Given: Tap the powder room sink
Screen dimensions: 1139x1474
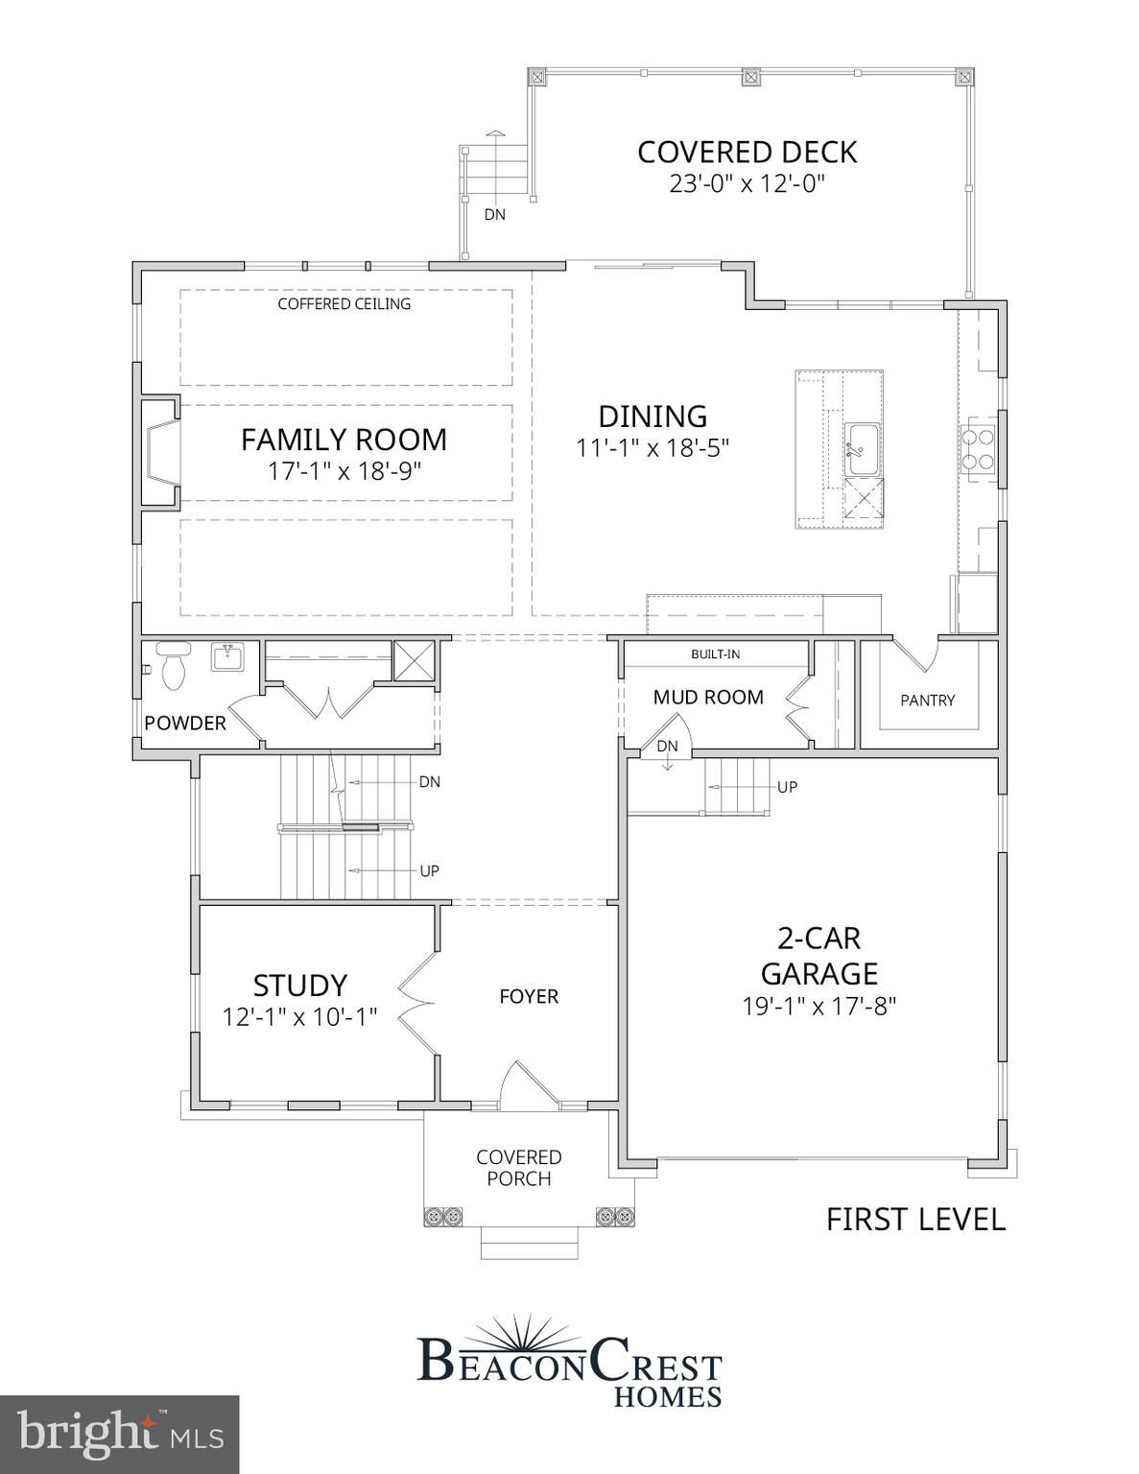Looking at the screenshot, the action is tap(227, 656).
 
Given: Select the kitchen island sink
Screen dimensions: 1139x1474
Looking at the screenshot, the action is tap(861, 449).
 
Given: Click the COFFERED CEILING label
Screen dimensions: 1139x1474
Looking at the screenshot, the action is tap(344, 304).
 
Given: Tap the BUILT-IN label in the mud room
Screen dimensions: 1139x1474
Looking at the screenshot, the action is tap(715, 654).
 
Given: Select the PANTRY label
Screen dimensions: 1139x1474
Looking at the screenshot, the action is tap(928, 700).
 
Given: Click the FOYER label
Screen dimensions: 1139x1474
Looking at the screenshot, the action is tap(529, 996).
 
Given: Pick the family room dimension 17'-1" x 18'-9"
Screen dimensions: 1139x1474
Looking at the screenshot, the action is tap(344, 471).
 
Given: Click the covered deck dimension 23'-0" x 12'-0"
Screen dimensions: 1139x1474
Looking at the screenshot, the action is tap(747, 183).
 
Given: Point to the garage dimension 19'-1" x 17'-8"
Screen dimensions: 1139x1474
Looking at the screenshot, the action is tap(819, 1006).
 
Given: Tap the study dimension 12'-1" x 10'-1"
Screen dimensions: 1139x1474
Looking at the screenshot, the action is tap(299, 1017).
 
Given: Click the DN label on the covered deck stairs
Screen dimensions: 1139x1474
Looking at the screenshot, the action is tap(494, 214).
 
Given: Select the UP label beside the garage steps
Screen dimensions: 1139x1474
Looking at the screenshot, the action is tap(787, 787).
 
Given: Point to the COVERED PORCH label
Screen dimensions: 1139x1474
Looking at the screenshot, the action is tap(519, 1168).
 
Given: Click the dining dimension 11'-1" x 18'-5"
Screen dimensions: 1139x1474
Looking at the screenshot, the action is tap(653, 448).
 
